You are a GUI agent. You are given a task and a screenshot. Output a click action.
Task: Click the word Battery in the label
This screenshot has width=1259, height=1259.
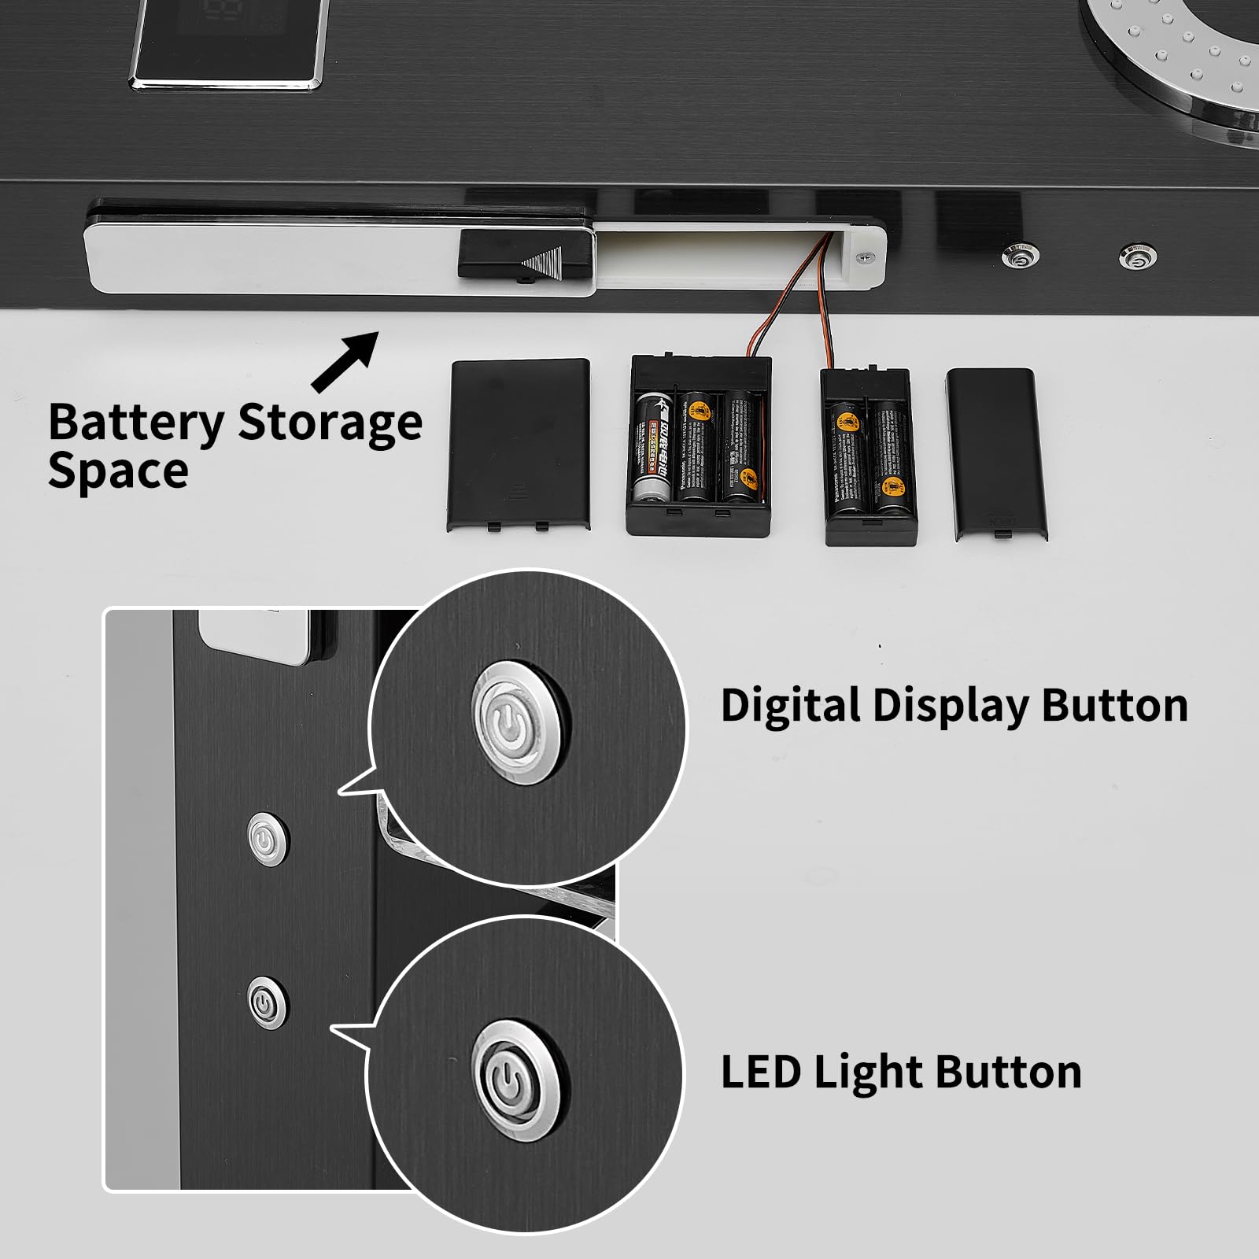tap(135, 424)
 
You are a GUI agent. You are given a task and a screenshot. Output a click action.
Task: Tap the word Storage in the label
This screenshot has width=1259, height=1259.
tap(329, 423)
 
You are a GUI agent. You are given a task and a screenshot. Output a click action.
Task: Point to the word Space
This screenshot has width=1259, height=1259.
tap(118, 471)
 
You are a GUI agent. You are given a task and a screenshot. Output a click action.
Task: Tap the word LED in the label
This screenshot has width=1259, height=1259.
tap(760, 1072)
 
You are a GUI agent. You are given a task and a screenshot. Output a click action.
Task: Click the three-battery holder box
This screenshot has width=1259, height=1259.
tap(698, 446)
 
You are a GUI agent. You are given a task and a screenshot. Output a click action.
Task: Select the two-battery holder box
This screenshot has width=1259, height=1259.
tap(869, 457)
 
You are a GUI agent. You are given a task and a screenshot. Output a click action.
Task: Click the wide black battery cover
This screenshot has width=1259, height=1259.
tap(519, 445)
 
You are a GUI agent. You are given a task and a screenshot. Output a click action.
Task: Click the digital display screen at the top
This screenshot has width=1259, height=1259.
tap(229, 39)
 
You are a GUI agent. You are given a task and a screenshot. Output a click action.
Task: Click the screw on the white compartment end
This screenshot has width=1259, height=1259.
tap(866, 255)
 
